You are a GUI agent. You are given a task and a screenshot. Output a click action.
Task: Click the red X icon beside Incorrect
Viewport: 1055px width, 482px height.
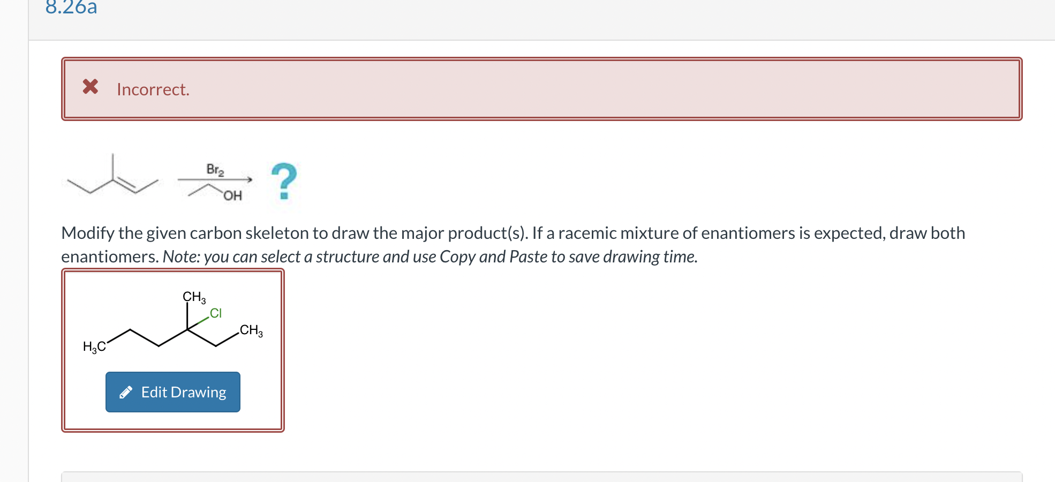pos(91,86)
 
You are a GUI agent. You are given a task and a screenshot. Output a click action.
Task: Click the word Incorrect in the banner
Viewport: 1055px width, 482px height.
pos(153,89)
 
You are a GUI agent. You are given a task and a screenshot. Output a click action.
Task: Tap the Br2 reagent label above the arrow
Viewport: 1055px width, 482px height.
pos(215,170)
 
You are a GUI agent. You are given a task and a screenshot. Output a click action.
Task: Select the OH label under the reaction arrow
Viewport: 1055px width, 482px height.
pos(232,196)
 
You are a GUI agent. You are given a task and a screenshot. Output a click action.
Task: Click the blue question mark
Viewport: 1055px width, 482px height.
pos(284,181)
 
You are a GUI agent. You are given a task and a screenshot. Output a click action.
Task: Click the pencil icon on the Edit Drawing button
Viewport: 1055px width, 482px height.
pos(126,393)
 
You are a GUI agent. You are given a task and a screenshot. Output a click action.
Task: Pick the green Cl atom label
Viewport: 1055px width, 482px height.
pos(216,313)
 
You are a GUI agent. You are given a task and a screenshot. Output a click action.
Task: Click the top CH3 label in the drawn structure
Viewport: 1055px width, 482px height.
pos(194,297)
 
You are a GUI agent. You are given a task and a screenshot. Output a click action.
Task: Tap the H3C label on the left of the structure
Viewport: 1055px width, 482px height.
pos(94,347)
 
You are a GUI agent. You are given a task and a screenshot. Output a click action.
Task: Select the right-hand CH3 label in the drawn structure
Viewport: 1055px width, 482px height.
pos(251,330)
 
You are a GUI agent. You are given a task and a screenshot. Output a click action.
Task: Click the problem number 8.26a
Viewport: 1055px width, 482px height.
pos(71,7)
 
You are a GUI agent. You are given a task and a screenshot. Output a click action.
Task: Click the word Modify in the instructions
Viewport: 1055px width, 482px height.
pos(88,234)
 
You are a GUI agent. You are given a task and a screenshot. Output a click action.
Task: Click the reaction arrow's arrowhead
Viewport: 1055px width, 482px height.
pos(249,180)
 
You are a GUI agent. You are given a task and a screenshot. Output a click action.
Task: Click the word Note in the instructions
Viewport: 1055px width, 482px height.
pos(180,257)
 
